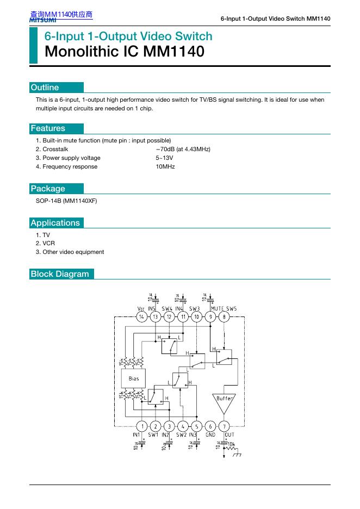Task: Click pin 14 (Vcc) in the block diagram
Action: (141, 316)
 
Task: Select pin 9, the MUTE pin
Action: (210, 316)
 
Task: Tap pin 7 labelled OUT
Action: (225, 426)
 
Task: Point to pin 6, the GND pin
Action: (211, 426)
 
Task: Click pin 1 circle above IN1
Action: (141, 426)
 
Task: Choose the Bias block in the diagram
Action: (134, 378)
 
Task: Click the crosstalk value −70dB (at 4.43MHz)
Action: (183, 149)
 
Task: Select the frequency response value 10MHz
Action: (165, 166)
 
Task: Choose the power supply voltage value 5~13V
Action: (165, 158)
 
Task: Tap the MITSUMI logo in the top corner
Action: (43, 20)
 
